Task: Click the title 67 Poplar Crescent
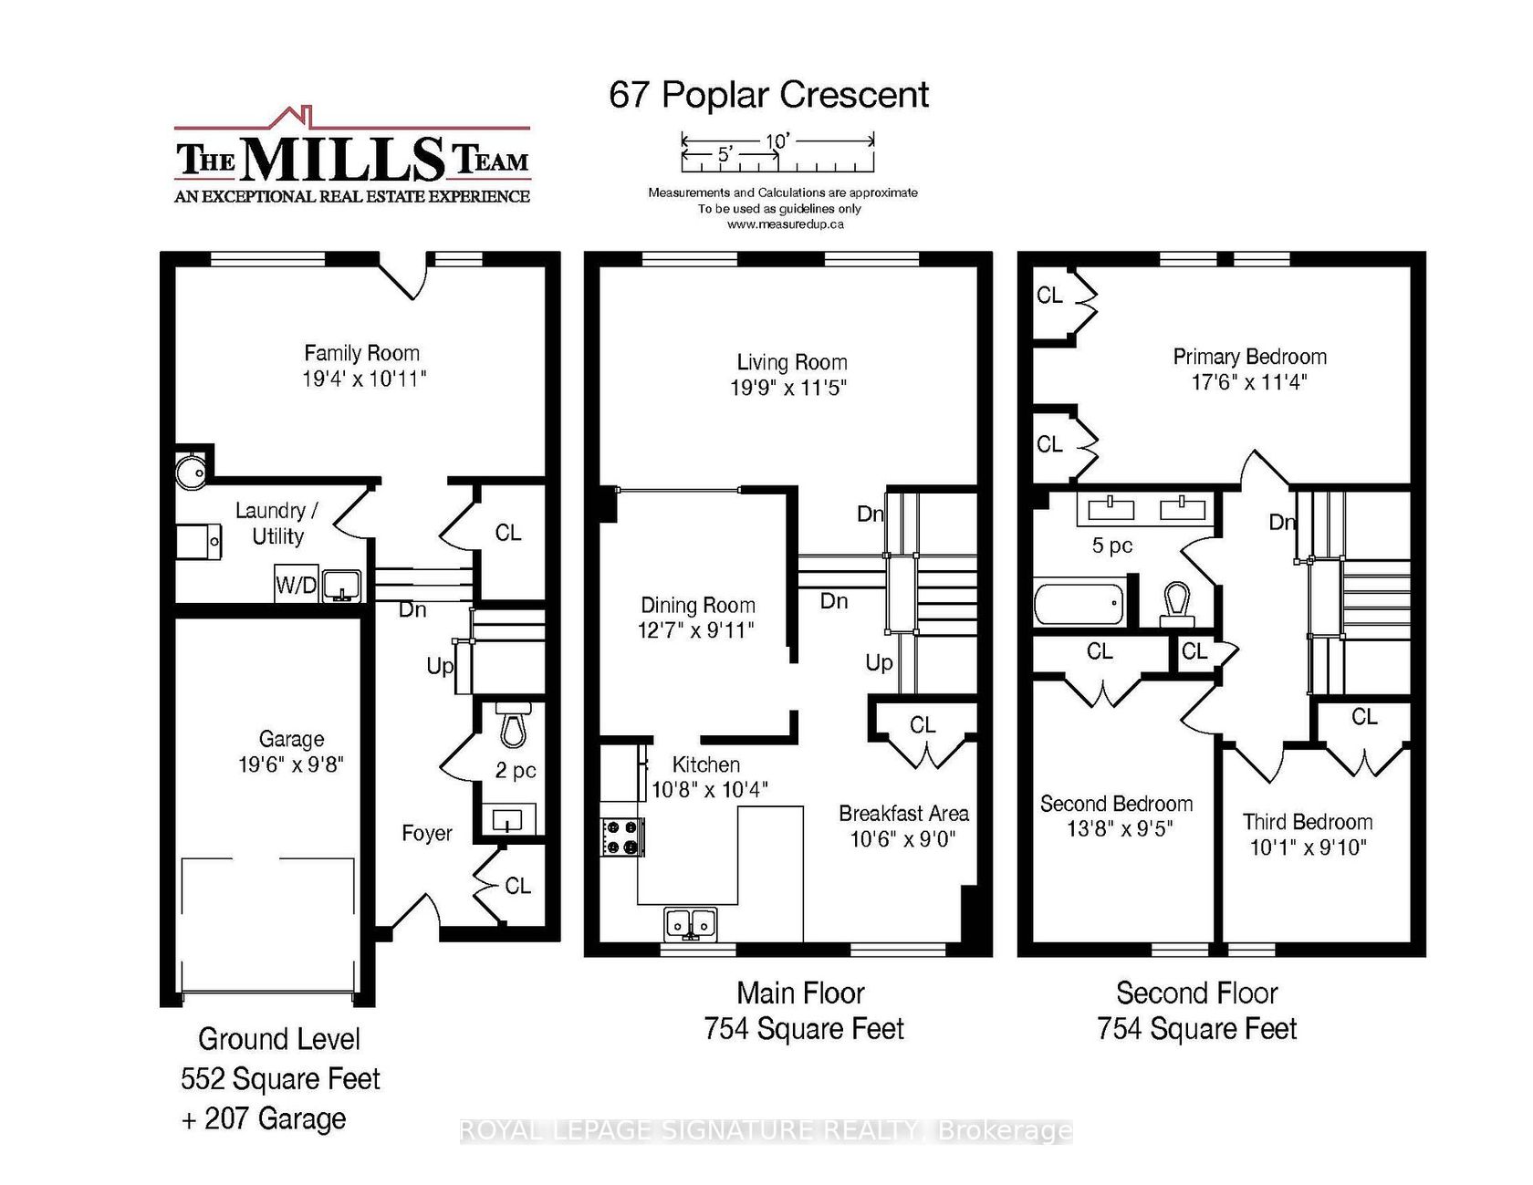click(x=768, y=95)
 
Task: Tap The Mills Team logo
click(x=352, y=156)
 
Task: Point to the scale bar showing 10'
click(x=777, y=153)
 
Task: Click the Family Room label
click(x=362, y=353)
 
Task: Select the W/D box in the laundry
click(x=297, y=584)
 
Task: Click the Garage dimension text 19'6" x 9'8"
click(x=291, y=764)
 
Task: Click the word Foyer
click(x=427, y=833)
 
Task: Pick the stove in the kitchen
click(x=621, y=837)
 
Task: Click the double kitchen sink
click(x=691, y=923)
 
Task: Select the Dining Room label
click(x=698, y=605)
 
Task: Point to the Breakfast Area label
click(x=903, y=813)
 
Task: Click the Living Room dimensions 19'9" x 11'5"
click(x=788, y=388)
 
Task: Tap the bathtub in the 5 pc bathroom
click(x=1079, y=604)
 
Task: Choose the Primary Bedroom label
click(x=1249, y=357)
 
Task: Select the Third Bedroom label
click(x=1308, y=822)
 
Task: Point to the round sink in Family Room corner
click(x=192, y=471)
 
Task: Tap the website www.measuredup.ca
click(x=785, y=224)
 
